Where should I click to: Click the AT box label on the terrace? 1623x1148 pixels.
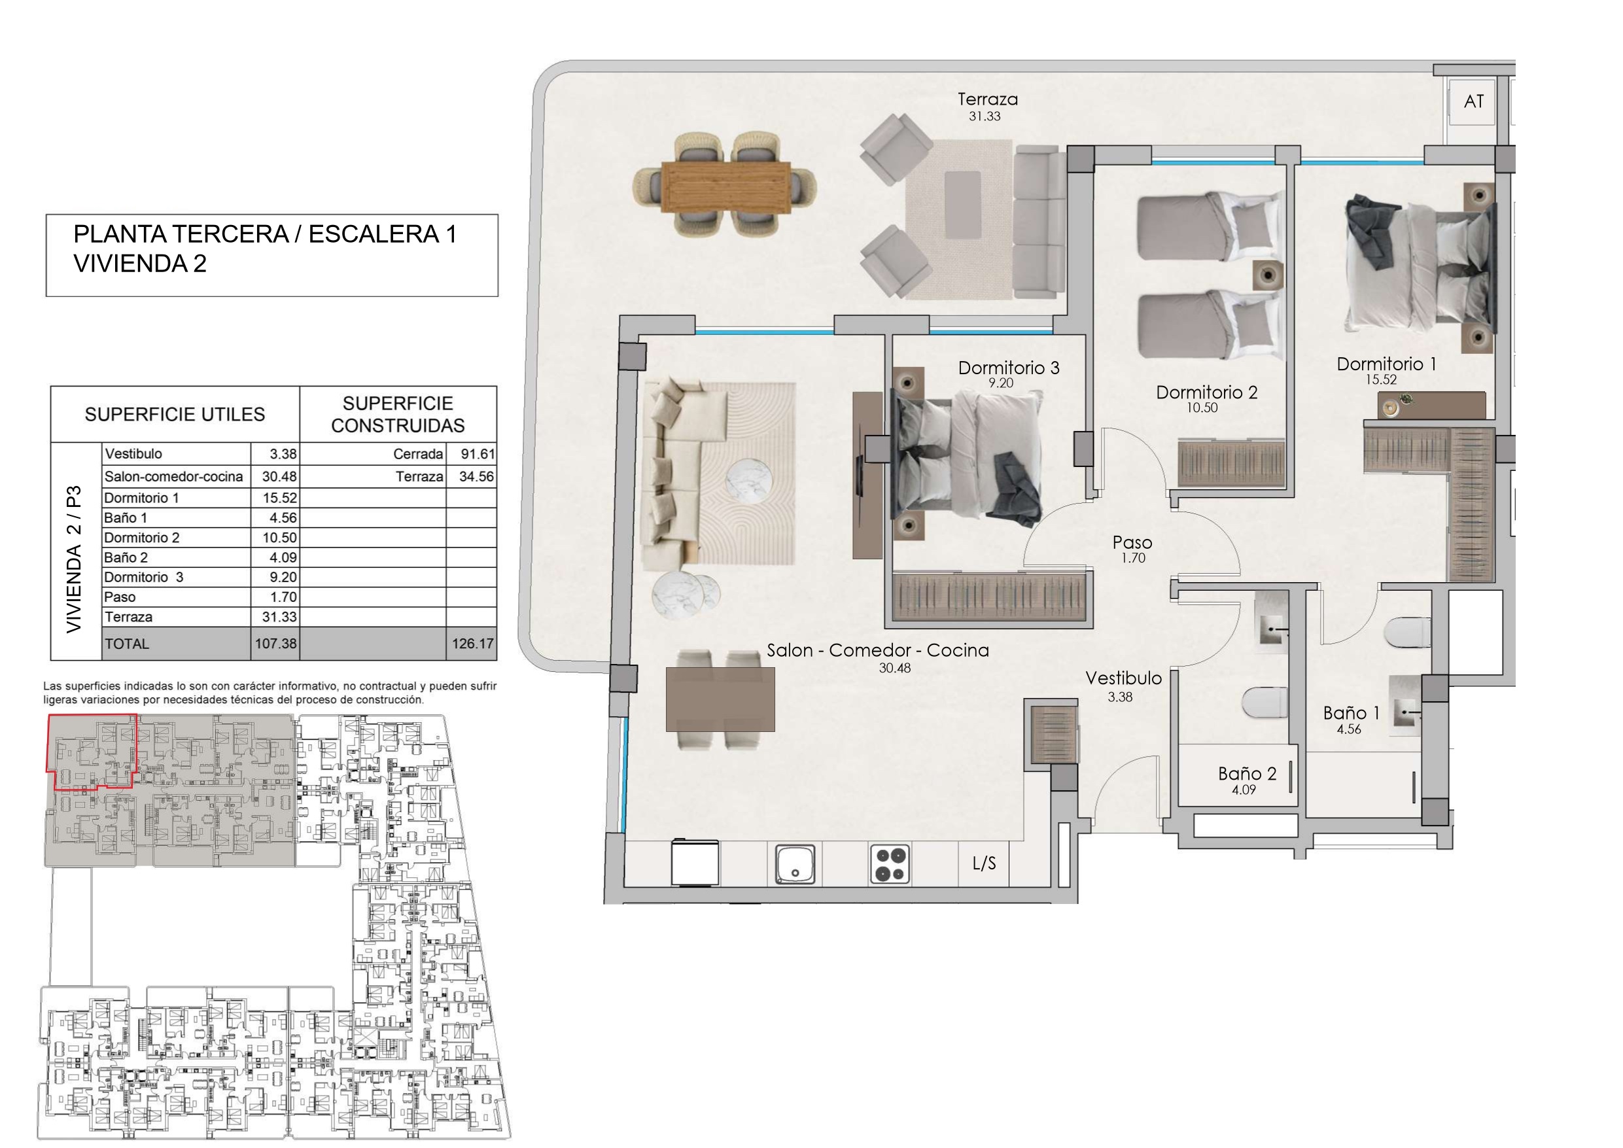(x=1473, y=102)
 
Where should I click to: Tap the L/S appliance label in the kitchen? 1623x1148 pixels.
(x=984, y=862)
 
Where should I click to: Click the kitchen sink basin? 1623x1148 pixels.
(x=795, y=865)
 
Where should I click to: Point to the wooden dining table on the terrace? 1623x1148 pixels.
(x=726, y=186)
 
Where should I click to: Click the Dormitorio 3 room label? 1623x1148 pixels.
(x=1009, y=368)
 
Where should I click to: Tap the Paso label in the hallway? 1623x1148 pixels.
(x=1132, y=542)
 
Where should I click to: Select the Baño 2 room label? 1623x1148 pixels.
(x=1248, y=773)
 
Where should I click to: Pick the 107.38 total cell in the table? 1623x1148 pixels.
(x=275, y=644)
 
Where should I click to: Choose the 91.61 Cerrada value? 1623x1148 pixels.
(x=477, y=454)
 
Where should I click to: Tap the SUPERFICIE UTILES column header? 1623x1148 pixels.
(x=175, y=414)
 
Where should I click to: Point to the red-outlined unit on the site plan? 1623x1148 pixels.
(x=91, y=751)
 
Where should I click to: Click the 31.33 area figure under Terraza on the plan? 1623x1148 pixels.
(x=985, y=116)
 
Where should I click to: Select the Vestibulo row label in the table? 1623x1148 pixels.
(x=133, y=454)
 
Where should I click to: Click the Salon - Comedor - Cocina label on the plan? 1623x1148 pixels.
(x=878, y=650)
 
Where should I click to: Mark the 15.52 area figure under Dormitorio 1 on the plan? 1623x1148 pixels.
(x=1380, y=379)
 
